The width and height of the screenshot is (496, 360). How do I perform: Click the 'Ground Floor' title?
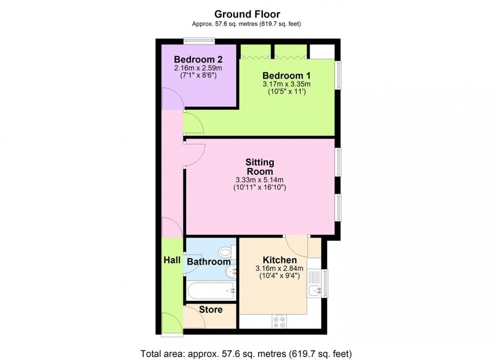tap(247, 14)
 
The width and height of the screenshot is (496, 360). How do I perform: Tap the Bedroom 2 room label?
tap(198, 59)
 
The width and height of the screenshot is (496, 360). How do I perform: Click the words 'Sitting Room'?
tap(260, 167)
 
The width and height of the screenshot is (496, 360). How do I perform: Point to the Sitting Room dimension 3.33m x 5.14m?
tap(260, 179)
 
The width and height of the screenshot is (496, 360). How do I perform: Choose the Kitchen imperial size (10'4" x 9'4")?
tap(279, 276)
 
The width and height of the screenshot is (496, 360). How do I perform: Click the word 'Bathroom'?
tap(209, 262)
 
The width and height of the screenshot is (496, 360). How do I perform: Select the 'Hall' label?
tap(172, 260)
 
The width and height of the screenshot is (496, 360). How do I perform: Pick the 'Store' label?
tap(211, 309)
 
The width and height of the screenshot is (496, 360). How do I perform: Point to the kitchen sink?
tap(315, 290)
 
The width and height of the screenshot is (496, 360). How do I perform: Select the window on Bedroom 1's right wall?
tap(338, 75)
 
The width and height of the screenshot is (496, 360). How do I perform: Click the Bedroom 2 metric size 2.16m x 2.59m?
tap(198, 68)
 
